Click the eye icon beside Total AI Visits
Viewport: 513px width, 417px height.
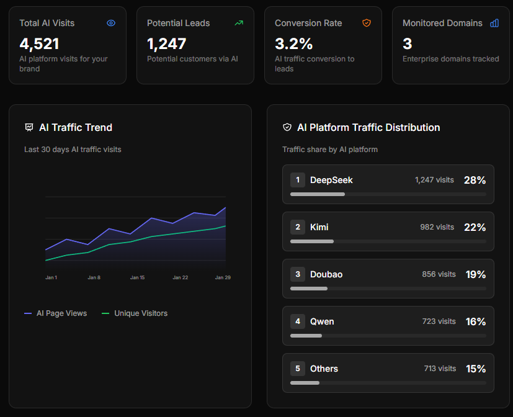(x=111, y=23)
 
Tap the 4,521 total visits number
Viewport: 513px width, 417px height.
(x=39, y=43)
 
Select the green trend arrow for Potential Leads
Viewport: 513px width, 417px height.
(x=239, y=23)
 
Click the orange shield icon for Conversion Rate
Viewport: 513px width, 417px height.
(x=367, y=23)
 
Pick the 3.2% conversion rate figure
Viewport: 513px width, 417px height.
(x=293, y=43)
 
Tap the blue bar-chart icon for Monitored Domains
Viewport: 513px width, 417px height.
(x=494, y=23)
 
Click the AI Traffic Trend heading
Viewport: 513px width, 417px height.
(x=76, y=127)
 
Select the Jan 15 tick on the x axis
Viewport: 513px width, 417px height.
(x=137, y=277)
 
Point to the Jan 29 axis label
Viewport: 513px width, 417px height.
(x=223, y=277)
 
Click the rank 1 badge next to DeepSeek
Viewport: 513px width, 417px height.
(x=297, y=180)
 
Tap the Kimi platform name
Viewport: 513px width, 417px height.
(x=319, y=227)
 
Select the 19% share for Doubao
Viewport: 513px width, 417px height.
(x=475, y=274)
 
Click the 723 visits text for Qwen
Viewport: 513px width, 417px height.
(x=439, y=321)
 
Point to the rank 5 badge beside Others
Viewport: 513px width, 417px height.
(x=297, y=369)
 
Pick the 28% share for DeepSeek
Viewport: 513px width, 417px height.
(x=475, y=180)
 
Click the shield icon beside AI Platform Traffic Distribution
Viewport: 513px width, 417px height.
(x=287, y=127)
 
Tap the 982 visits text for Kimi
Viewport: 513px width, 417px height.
(x=437, y=227)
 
